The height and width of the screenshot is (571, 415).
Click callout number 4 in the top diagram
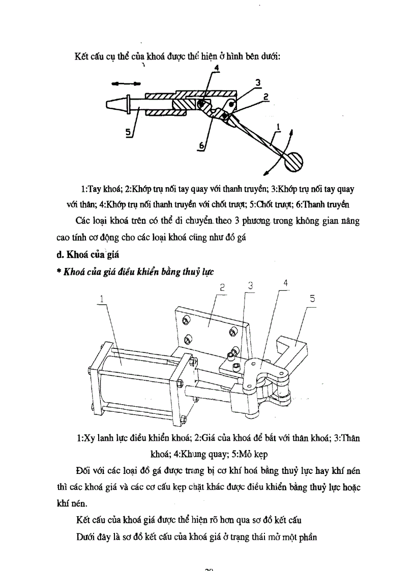point(216,68)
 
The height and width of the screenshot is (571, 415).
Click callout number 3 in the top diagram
point(258,82)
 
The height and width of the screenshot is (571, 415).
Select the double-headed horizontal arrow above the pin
point(128,83)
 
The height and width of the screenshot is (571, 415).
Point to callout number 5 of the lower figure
point(312,299)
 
